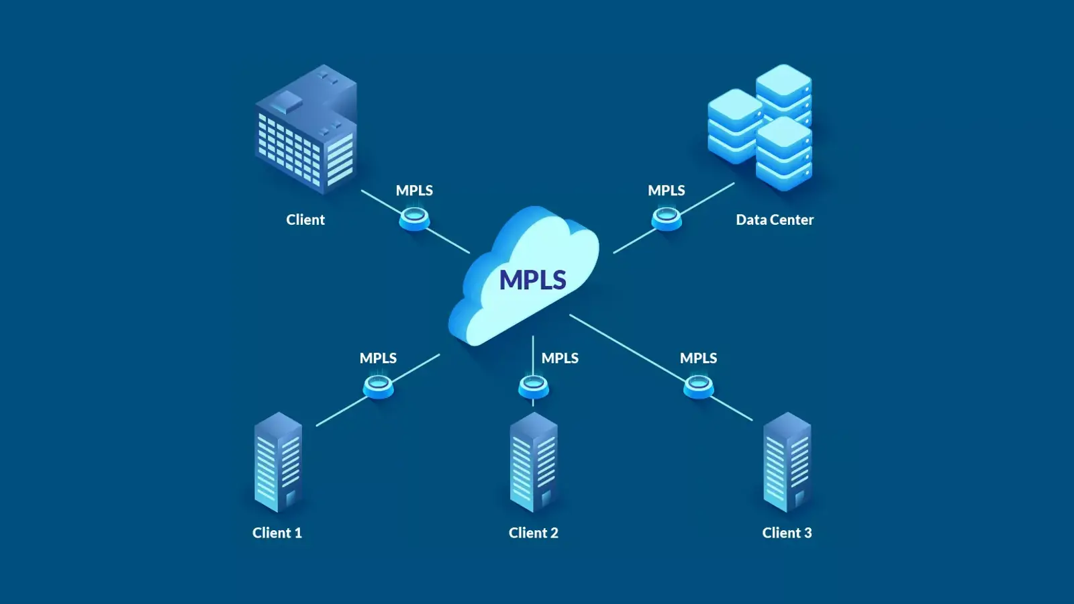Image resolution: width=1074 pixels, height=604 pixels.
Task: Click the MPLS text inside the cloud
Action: (532, 280)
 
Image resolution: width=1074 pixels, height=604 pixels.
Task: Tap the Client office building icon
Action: (307, 131)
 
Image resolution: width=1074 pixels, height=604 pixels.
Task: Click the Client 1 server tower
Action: (278, 463)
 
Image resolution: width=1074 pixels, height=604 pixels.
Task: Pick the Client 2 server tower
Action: (534, 463)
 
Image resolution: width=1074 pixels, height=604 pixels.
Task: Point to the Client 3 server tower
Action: (787, 463)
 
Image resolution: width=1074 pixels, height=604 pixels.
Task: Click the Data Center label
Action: (774, 219)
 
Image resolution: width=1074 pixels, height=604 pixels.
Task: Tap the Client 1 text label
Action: (277, 533)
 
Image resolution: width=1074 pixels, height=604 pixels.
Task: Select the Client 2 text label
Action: (533, 533)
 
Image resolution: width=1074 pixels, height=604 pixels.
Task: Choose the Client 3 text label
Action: (787, 533)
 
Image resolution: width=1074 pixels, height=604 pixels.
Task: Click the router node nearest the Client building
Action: (414, 218)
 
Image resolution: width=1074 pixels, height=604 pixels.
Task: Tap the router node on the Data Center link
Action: (667, 218)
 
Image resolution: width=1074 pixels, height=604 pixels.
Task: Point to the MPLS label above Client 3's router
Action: (698, 358)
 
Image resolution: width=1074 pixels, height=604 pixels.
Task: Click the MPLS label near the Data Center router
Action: (666, 191)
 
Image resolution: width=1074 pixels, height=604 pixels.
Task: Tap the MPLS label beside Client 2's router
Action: (560, 358)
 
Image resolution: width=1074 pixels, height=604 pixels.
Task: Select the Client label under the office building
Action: (305, 219)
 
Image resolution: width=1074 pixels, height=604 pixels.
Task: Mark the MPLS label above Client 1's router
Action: (378, 358)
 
